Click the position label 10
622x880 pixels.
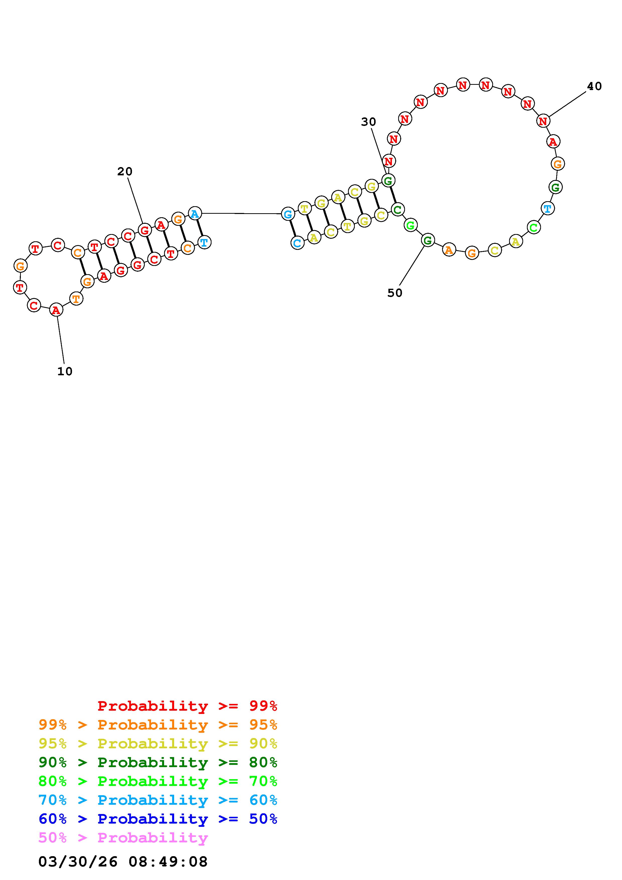[65, 372]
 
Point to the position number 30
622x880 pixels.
[368, 122]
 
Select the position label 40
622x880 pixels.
[594, 86]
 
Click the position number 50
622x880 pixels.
[395, 293]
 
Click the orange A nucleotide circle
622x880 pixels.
[449, 250]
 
